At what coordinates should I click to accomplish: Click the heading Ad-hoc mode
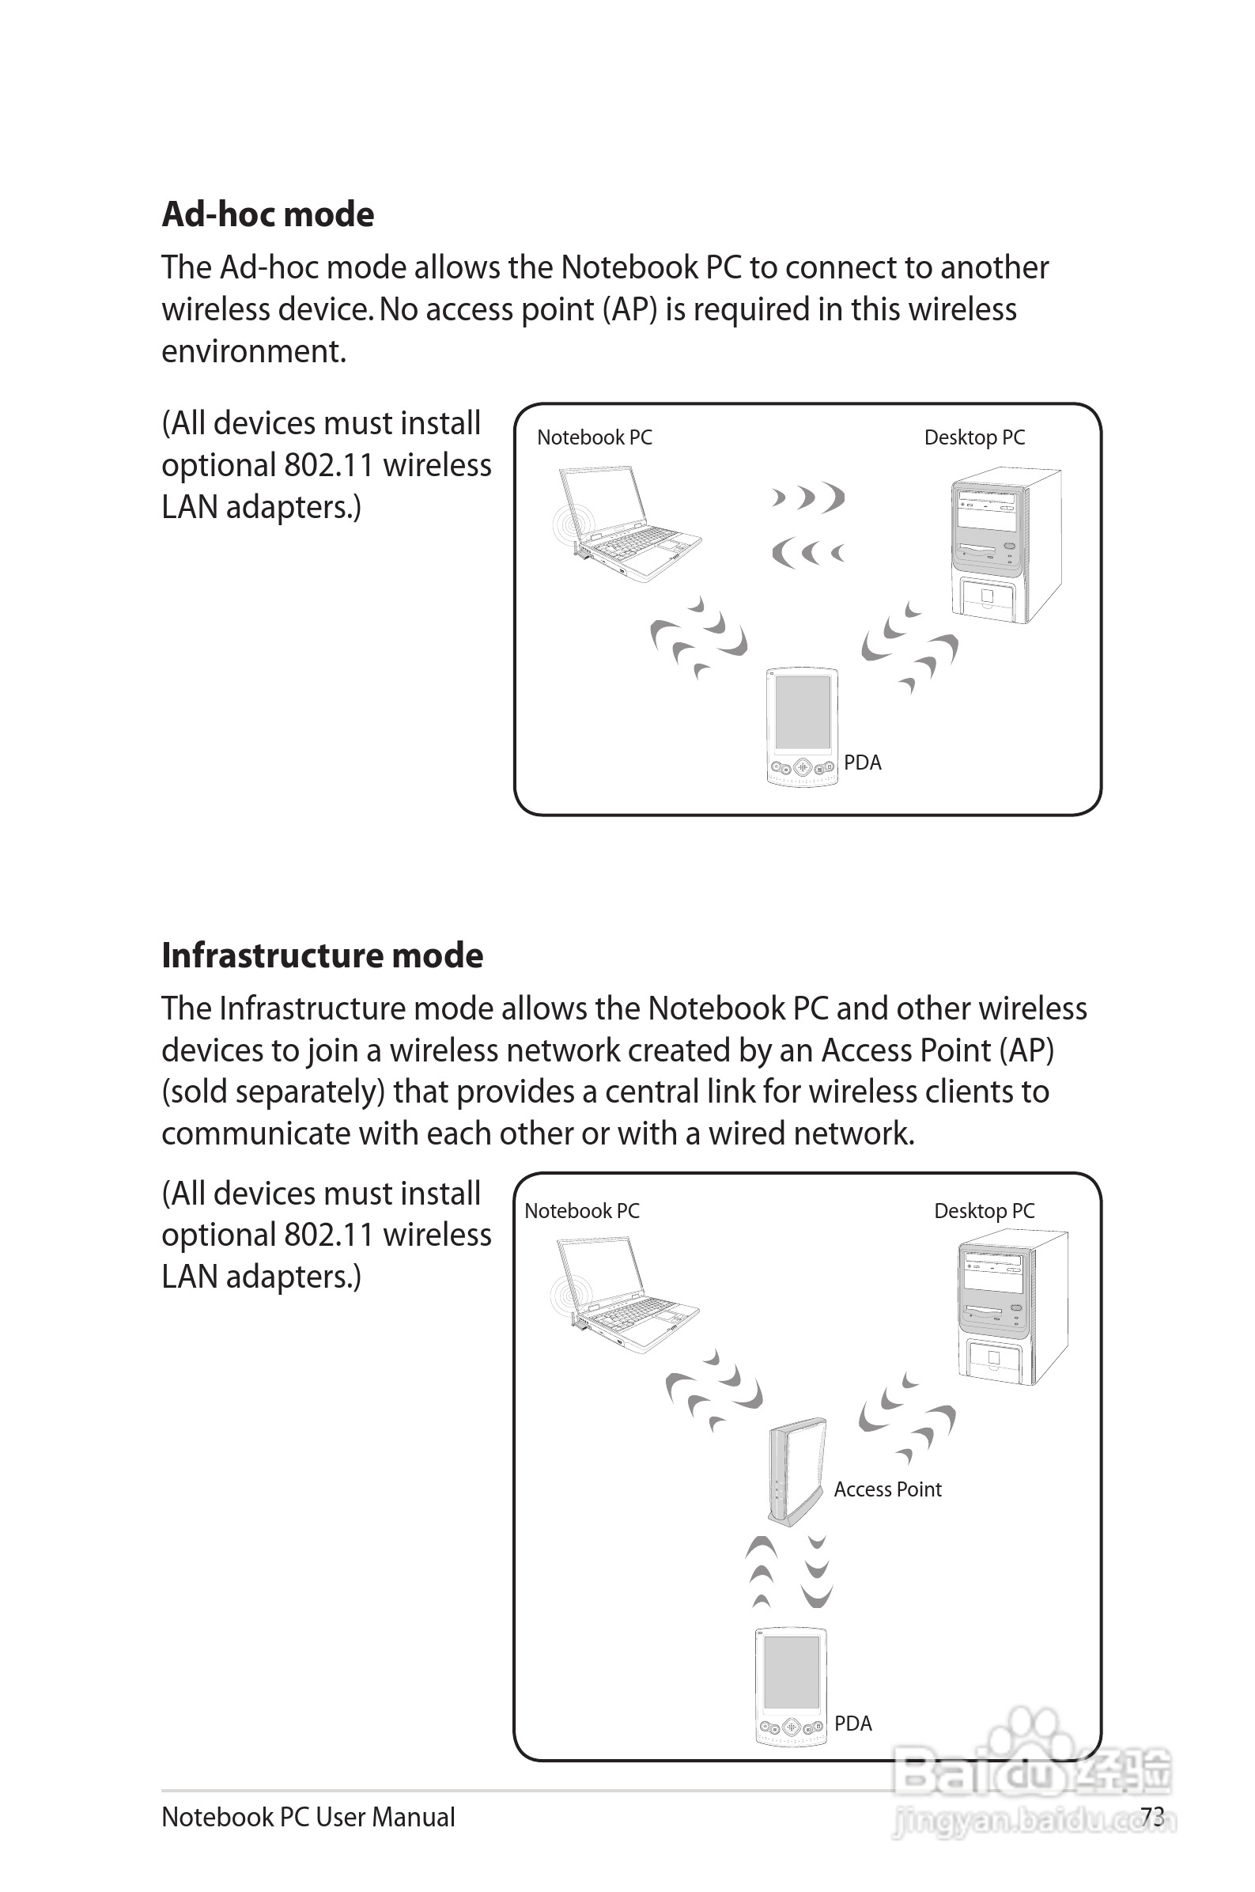pyautogui.click(x=267, y=214)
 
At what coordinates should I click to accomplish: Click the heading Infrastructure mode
pyautogui.click(x=322, y=955)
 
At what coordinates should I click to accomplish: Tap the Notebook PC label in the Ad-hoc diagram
pyautogui.click(x=594, y=437)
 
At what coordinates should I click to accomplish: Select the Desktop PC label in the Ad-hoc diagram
pyautogui.click(x=974, y=437)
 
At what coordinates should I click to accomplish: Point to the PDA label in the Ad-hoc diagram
pyautogui.click(x=862, y=762)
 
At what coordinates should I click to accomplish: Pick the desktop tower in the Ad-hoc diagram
pyautogui.click(x=1004, y=544)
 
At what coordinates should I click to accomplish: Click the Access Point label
pyautogui.click(x=887, y=1489)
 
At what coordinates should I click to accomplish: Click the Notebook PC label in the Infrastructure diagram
pyautogui.click(x=582, y=1211)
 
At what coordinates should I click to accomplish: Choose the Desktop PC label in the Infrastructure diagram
pyautogui.click(x=984, y=1211)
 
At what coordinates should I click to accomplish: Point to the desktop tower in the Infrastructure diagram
pyautogui.click(x=1011, y=1308)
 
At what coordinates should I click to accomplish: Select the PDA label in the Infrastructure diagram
pyautogui.click(x=852, y=1724)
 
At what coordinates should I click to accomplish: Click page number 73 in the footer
pyautogui.click(x=1151, y=1817)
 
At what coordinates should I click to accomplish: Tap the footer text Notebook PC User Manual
pyautogui.click(x=308, y=1818)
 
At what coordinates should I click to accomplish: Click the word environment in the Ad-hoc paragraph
pyautogui.click(x=252, y=352)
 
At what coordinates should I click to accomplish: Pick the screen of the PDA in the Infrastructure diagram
pyautogui.click(x=791, y=1673)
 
